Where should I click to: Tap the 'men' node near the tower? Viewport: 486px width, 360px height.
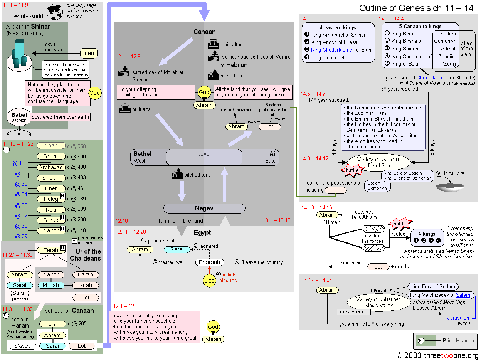pos(88,54)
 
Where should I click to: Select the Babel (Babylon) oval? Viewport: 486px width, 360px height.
pos(19,117)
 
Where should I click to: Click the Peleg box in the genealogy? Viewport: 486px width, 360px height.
pos(50,199)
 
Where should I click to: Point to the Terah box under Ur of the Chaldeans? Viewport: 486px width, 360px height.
pos(50,250)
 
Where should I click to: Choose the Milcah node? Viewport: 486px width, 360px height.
pos(51,285)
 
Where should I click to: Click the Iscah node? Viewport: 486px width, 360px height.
pos(85,285)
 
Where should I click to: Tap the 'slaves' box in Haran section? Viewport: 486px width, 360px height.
pos(22,346)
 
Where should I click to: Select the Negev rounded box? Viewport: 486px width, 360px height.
pos(204,209)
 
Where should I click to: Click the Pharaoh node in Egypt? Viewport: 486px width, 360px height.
pos(209,262)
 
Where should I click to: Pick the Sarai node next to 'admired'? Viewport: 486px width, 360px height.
pos(177,249)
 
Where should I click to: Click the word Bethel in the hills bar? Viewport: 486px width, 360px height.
pos(142,154)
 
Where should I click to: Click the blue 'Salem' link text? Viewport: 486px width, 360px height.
pos(463,295)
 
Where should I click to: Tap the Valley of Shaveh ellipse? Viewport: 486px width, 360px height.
pos(378,302)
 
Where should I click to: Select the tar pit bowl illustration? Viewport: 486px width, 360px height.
pos(450,187)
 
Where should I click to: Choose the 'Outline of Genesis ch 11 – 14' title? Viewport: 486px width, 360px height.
pos(416,8)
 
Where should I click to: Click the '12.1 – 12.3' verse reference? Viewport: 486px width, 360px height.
pos(125,306)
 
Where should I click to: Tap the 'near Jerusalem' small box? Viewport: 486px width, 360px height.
pos(353,312)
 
